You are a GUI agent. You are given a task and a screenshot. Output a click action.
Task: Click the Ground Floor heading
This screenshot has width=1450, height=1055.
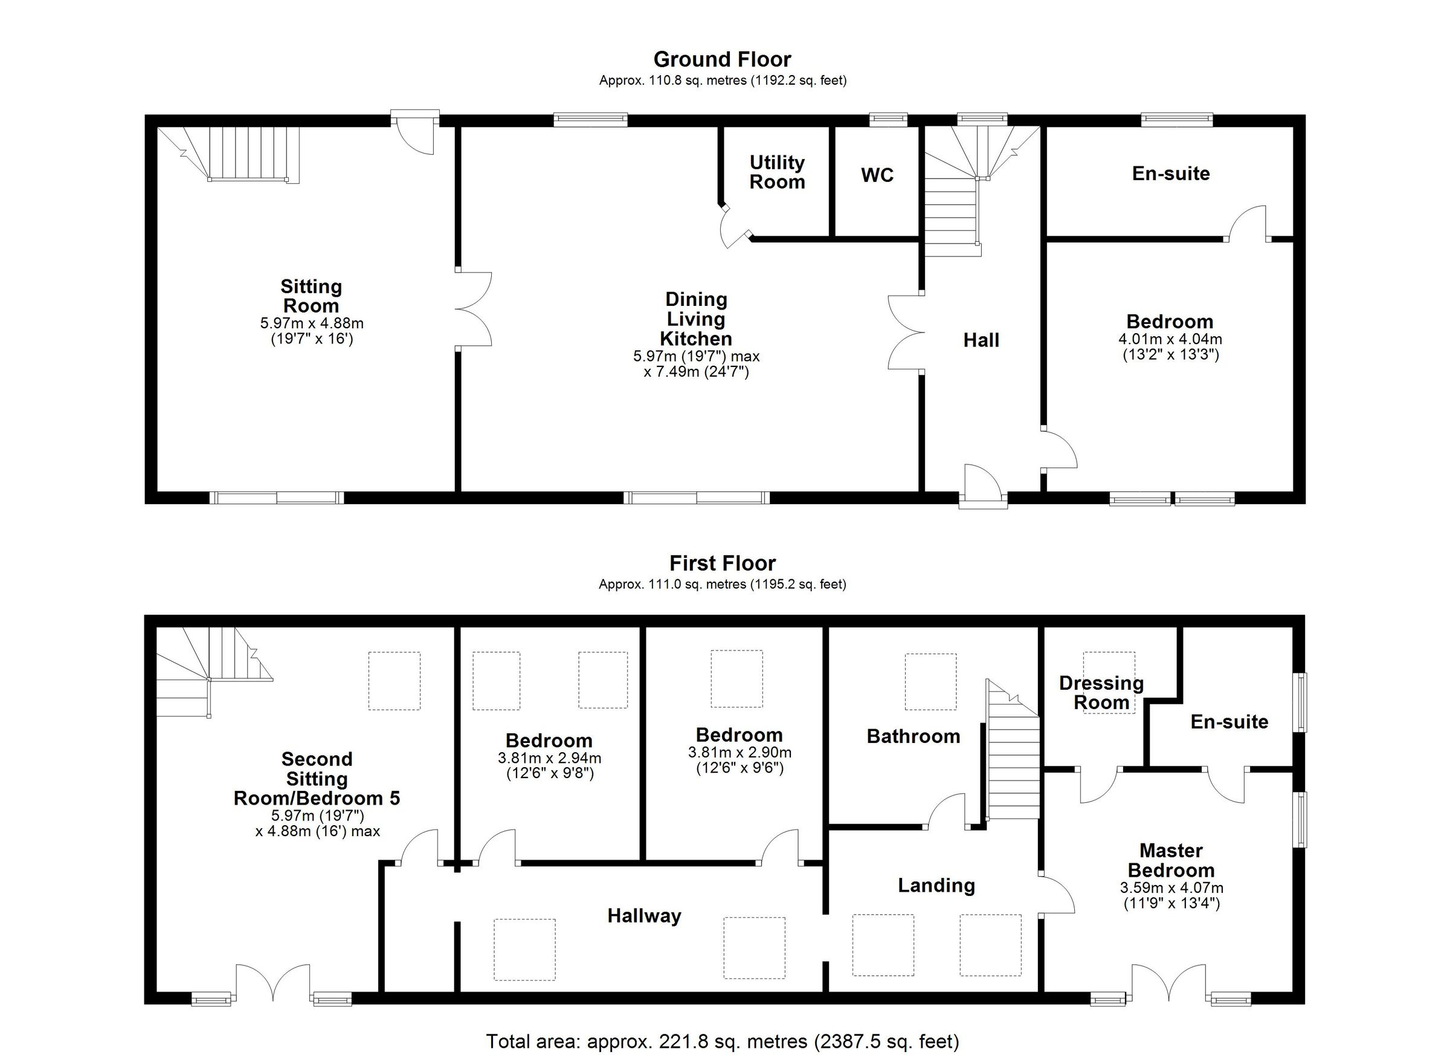coord(722,59)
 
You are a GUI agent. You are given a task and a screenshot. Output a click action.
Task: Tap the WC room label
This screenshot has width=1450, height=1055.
coord(877,175)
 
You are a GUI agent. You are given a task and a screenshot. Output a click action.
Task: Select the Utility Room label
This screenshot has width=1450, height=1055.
coord(777,172)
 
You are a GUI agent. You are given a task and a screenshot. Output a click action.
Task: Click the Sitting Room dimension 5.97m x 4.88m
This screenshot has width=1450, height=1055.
coord(311,323)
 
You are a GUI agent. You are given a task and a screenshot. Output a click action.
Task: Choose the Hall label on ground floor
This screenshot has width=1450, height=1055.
coord(981,340)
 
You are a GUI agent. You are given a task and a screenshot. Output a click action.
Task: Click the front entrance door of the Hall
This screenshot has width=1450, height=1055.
coord(981,483)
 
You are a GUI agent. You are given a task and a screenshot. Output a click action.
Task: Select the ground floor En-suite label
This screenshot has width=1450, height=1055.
coord(1170,174)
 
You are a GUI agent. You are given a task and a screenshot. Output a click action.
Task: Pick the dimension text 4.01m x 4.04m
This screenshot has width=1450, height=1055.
coord(1170,339)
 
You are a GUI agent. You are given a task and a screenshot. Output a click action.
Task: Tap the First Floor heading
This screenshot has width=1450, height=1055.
coord(722,563)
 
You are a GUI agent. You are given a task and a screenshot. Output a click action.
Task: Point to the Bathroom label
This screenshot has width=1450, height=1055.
coord(913,736)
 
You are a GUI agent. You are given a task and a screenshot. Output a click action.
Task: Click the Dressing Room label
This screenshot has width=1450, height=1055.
coord(1101,693)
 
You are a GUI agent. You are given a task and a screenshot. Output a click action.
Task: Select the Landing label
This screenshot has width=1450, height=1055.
coord(936,886)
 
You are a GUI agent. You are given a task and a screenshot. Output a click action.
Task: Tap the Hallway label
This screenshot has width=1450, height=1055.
coord(644,916)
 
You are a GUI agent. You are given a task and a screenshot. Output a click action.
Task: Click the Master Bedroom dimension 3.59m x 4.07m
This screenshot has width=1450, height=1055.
coord(1171,888)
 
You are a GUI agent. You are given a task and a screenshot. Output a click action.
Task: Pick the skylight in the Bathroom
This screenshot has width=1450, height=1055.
coord(930,681)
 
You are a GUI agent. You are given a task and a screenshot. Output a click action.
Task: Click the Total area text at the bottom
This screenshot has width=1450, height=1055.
coord(723,1042)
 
